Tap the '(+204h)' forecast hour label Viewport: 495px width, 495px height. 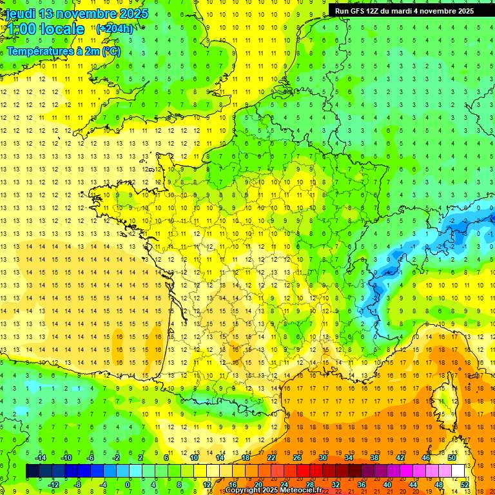tap(114, 28)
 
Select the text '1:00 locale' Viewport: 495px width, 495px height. tap(44, 29)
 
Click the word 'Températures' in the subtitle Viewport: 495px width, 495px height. tap(38, 52)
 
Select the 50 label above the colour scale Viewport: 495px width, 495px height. tap(451, 458)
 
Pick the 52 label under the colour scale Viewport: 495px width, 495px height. tap(464, 484)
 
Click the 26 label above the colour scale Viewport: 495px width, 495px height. tap(296, 458)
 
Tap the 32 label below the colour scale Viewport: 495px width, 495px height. tap(335, 484)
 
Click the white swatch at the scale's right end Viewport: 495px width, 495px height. tap(458, 471)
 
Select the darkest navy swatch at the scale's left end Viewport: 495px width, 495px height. tap(32, 471)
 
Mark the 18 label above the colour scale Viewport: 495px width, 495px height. tap(245, 458)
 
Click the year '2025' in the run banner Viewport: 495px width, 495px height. tap(463, 11)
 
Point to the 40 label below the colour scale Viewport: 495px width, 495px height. tap(387, 484)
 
